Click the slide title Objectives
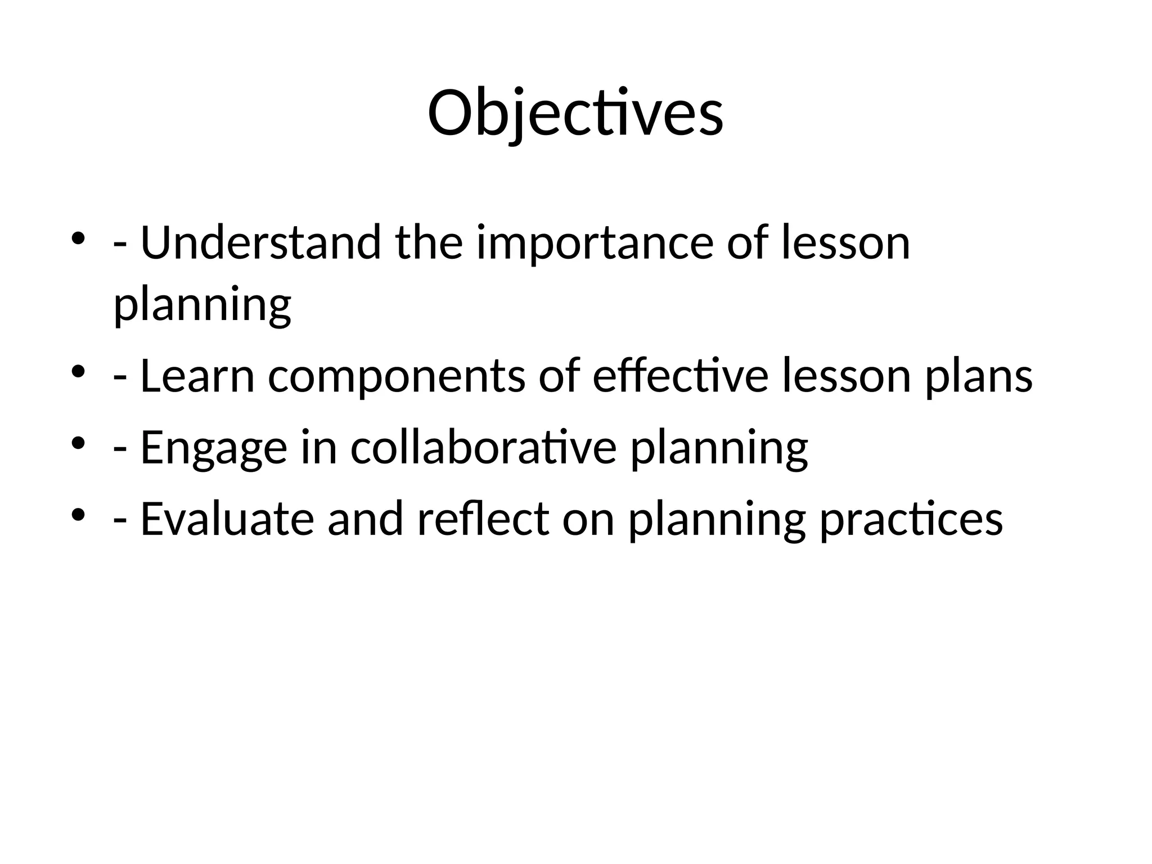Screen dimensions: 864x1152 click(x=575, y=114)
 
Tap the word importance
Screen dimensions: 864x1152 click(x=595, y=244)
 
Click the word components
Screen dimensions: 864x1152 click(x=397, y=377)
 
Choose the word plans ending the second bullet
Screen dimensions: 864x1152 click(x=979, y=377)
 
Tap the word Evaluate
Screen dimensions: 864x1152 click(x=227, y=518)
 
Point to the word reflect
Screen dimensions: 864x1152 click(x=483, y=518)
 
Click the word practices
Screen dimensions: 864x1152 click(x=911, y=519)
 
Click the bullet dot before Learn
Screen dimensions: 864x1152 click(x=78, y=372)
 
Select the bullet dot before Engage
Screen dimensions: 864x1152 click(x=78, y=443)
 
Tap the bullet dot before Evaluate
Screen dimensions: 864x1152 click(x=78, y=514)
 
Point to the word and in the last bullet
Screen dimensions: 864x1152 click(x=365, y=518)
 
